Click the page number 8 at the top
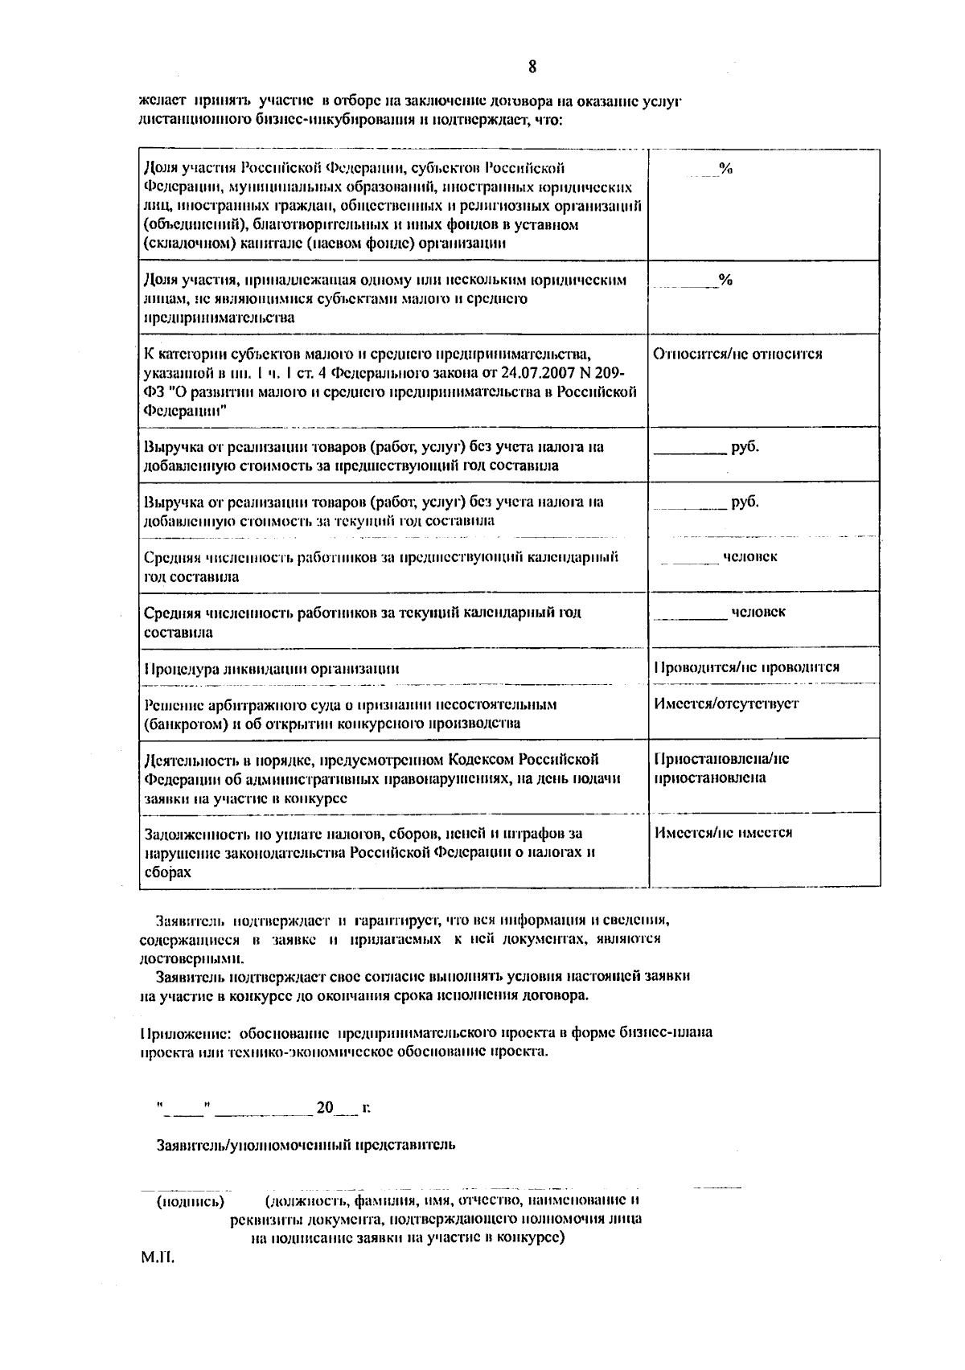[532, 66]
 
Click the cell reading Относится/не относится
[737, 354]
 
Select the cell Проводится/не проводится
[747, 667]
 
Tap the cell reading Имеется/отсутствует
[726, 703]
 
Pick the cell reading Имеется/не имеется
[723, 832]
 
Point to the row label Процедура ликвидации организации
[272, 668]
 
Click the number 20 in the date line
[324, 1108]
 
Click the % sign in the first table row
[725, 168]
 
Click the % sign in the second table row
[725, 280]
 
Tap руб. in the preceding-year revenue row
[745, 447]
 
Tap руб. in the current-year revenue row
[745, 502]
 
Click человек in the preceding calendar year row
[749, 556]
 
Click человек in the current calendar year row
[758, 612]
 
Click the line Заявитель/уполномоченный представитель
[306, 1145]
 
